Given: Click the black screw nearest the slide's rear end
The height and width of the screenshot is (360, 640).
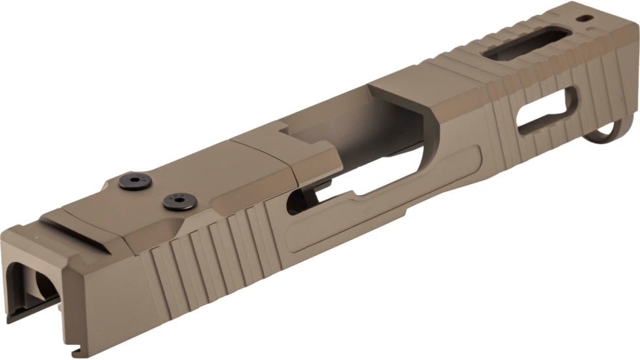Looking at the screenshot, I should [x=135, y=181].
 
